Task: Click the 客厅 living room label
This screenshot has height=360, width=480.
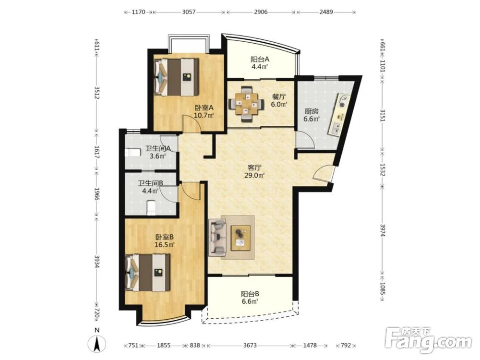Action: pos(254,168)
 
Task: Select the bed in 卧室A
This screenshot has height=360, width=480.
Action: pos(177,77)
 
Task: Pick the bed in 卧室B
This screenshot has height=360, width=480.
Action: pos(148,273)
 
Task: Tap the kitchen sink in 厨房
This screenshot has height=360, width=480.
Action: pos(335,128)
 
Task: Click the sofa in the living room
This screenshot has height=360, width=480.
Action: pos(217,237)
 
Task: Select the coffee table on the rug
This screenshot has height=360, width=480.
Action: pos(241,238)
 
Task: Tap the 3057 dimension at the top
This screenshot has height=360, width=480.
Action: pos(189,12)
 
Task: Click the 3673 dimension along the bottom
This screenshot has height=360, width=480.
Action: pos(250,345)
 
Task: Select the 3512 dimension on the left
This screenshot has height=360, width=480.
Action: pos(97,93)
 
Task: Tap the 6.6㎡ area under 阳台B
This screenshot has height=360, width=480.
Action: pos(250,301)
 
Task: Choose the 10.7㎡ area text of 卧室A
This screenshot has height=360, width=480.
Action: pos(204,115)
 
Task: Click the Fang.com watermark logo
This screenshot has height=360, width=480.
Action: pos(428,339)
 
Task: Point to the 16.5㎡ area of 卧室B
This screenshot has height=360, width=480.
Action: pos(165,245)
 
